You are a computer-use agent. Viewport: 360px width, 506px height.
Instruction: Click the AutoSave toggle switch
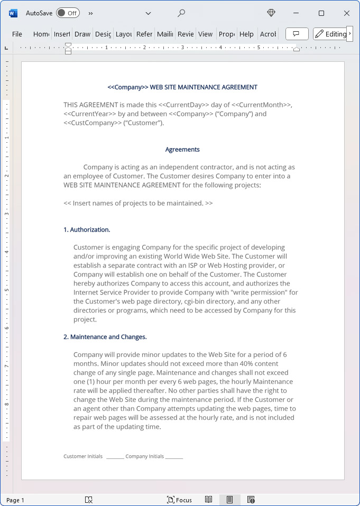coord(68,13)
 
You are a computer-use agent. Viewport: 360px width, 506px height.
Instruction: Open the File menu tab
coord(17,34)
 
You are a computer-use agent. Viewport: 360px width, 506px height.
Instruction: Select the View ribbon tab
coord(205,34)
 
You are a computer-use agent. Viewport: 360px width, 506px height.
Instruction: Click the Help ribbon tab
coord(246,34)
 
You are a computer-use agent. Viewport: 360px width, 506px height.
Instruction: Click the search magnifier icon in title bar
coord(181,13)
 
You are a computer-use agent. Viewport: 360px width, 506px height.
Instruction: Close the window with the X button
coord(347,13)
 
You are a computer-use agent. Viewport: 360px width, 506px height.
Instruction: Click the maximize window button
coord(321,13)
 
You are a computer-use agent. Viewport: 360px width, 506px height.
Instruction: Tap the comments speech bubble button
coord(297,34)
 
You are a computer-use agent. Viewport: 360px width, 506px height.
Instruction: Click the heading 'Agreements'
coord(182,150)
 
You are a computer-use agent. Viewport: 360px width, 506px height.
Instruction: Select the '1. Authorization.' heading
coord(87,229)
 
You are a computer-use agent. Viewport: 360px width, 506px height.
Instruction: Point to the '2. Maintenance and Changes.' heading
coord(105,337)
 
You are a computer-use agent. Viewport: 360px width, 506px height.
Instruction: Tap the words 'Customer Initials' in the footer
coord(83,456)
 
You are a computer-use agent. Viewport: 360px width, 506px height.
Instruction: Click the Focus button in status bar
coord(179,500)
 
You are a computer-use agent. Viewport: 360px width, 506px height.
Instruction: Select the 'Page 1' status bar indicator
coord(15,500)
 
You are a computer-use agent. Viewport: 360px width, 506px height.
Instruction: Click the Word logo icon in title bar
coord(13,13)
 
